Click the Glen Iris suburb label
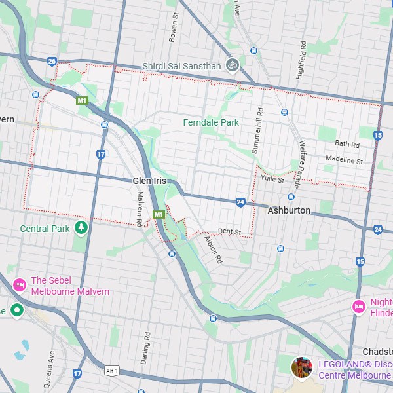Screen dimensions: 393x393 click(149, 180)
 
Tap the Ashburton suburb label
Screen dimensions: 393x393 click(289, 210)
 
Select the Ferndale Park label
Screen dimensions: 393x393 click(211, 122)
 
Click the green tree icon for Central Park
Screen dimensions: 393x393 click(81, 228)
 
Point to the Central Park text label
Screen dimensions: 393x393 click(45, 229)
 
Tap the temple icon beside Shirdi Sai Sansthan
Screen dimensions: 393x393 click(231, 65)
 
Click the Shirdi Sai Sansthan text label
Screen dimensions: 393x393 click(181, 66)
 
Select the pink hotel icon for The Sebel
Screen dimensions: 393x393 click(20, 285)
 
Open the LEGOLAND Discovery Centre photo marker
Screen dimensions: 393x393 click(301, 367)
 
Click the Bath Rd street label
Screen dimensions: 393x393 click(347, 144)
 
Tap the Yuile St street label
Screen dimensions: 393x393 click(272, 178)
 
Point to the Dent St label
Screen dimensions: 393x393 click(230, 232)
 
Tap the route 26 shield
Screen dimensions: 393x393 click(52, 62)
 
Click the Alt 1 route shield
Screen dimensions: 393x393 click(112, 371)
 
